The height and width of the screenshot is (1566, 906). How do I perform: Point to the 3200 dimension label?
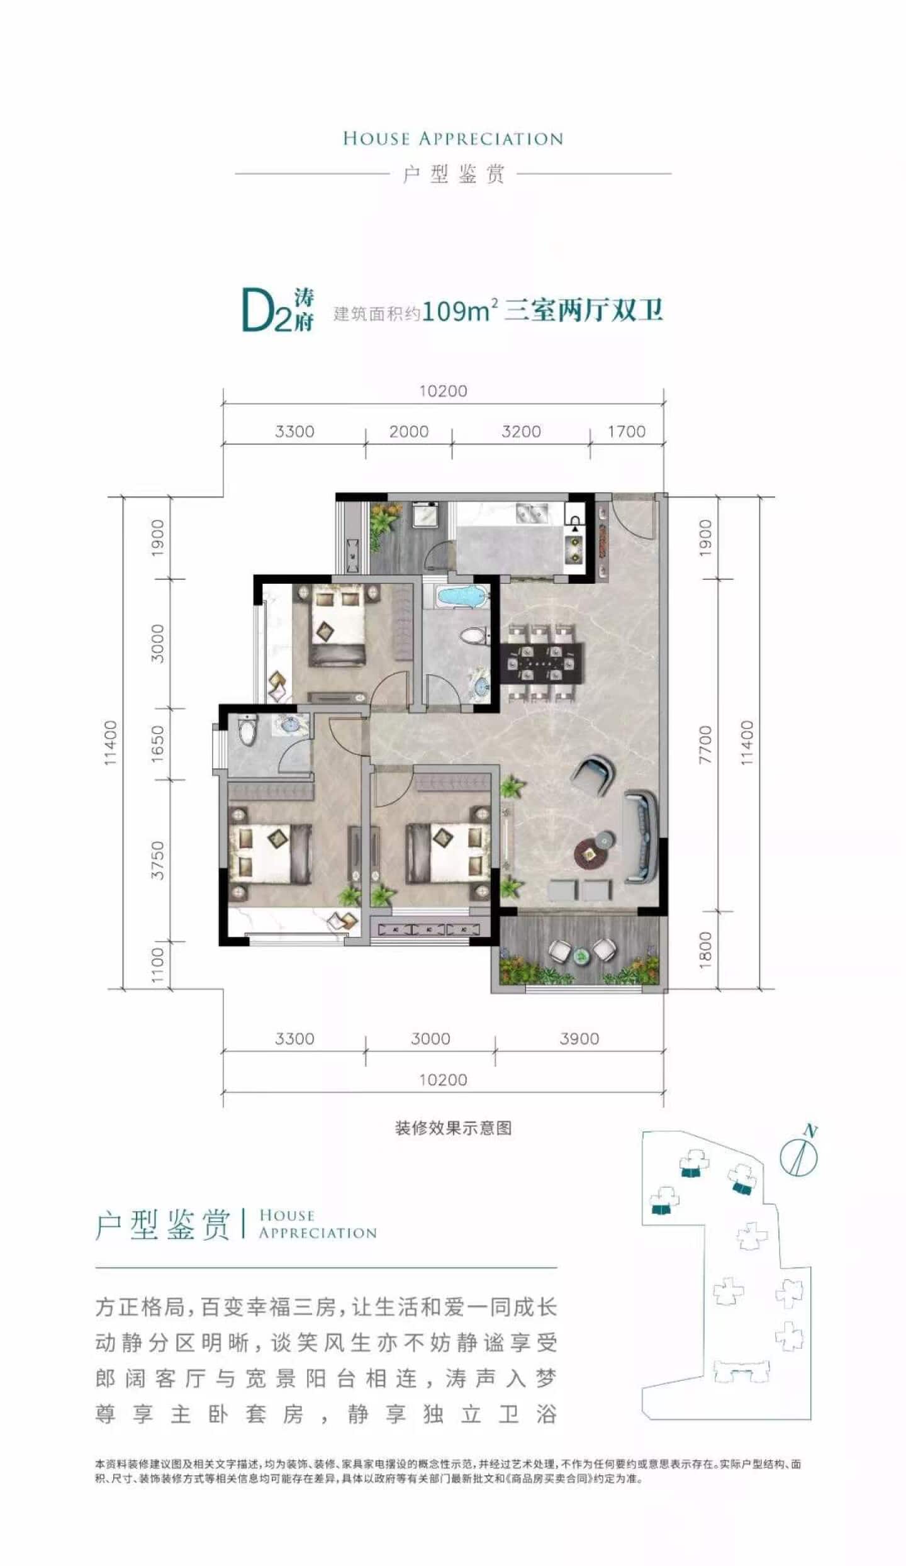point(521,432)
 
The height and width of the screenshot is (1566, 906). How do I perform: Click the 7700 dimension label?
point(705,744)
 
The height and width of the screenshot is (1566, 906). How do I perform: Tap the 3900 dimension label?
point(579,1039)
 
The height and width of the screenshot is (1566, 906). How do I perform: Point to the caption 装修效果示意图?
point(453,1128)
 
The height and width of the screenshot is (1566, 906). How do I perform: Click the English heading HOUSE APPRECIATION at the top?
point(453,139)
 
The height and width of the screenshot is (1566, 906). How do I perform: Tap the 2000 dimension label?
point(408,432)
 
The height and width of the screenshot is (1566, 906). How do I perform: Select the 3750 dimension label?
point(157,861)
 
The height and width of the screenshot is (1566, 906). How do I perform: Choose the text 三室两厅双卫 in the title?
point(584,311)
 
